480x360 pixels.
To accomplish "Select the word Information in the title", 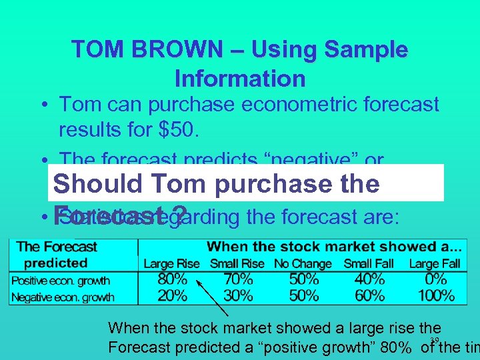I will [x=240, y=79].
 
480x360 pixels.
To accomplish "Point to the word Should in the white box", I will [x=97, y=184].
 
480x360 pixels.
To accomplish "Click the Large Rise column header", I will [x=171, y=264].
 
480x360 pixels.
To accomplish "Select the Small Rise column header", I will [x=237, y=264].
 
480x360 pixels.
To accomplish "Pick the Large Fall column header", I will [x=434, y=264].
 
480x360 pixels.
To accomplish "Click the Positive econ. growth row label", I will [x=61, y=281].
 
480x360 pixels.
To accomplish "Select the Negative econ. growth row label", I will [x=63, y=297].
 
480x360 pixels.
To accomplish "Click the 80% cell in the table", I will [x=172, y=279].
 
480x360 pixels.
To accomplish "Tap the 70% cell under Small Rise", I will [x=238, y=279].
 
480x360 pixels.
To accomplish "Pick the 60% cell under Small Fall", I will [x=369, y=295].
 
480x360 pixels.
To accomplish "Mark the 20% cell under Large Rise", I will [x=172, y=295].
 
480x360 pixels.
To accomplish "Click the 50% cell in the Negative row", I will [x=304, y=295].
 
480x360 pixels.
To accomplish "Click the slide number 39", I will [x=434, y=341].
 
